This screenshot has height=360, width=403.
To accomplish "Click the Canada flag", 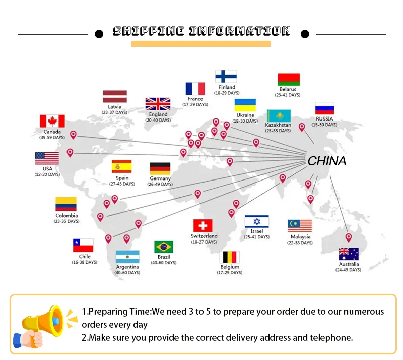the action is pyautogui.click(x=52, y=121).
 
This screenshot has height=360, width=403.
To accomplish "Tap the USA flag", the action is pyautogui.click(x=47, y=158).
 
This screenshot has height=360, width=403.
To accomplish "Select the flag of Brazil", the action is pyautogui.click(x=164, y=247).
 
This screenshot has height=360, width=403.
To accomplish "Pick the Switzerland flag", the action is pyautogui.click(x=203, y=225).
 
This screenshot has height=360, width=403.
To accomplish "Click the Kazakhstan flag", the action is pyautogui.click(x=278, y=115).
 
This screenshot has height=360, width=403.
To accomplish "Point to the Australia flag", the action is pyautogui.click(x=349, y=254).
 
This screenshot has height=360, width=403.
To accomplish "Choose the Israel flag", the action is pyautogui.click(x=256, y=222).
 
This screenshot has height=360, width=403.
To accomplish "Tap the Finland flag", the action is pyautogui.click(x=226, y=76).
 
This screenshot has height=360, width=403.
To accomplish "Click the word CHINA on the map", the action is pyautogui.click(x=327, y=161).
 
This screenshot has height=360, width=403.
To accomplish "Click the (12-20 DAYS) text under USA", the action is pyautogui.click(x=47, y=175).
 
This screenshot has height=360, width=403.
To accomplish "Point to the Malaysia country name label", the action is pyautogui.click(x=300, y=237).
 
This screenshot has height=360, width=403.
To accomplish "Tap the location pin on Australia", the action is pyautogui.click(x=348, y=237).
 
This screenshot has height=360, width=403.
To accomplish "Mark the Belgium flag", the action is pyautogui.click(x=231, y=257).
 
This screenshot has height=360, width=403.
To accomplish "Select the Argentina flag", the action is pyautogui.click(x=127, y=257).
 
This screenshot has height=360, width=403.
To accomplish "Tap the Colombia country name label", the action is pyautogui.click(x=66, y=216).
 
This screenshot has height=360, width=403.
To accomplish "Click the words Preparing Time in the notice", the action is pyautogui.click(x=119, y=312).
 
